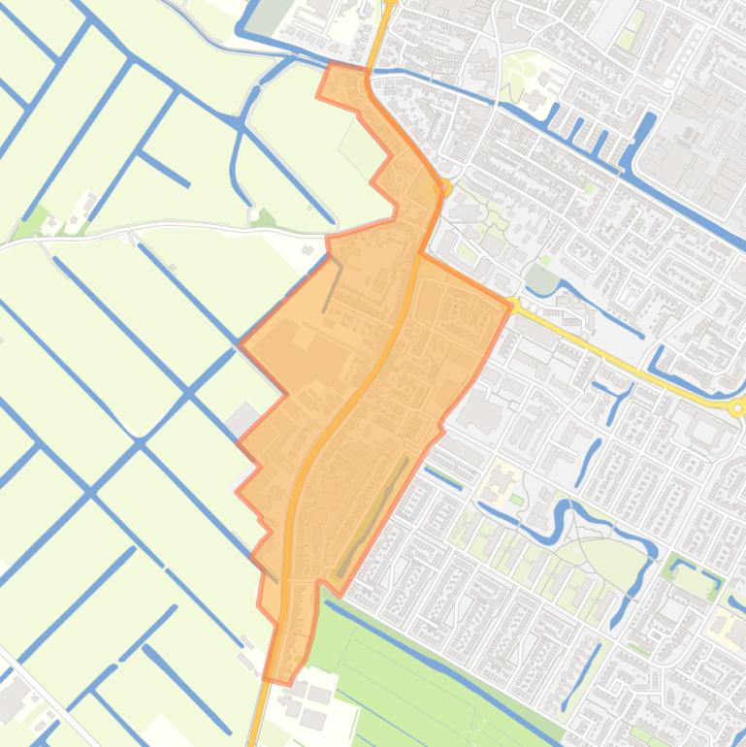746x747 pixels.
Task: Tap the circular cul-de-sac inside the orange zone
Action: tap(399, 179)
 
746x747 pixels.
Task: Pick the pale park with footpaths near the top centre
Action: tap(529, 74)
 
